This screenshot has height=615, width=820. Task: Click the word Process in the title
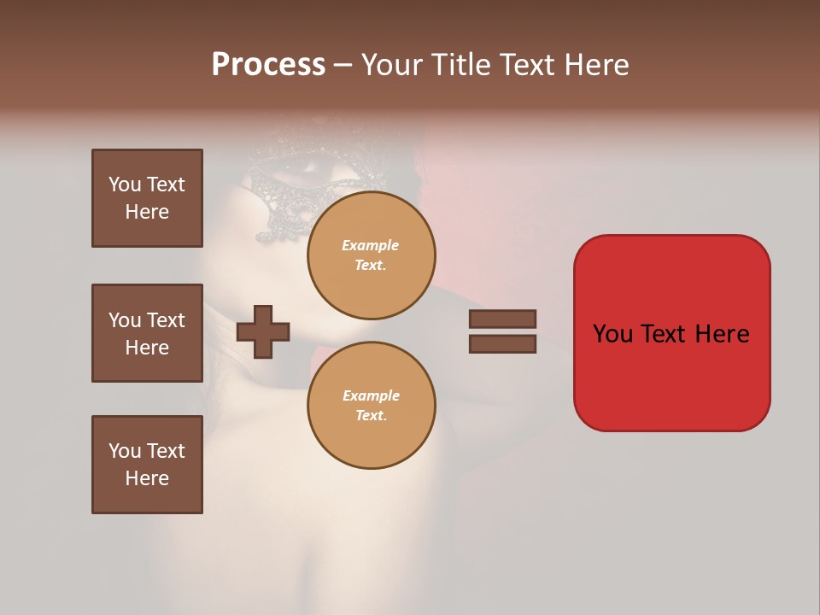(x=268, y=65)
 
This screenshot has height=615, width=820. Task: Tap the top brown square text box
(x=147, y=198)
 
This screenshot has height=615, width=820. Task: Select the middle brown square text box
(x=147, y=333)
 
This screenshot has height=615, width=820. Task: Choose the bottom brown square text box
(x=147, y=465)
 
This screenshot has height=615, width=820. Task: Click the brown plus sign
(x=263, y=331)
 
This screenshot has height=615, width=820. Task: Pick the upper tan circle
(x=371, y=255)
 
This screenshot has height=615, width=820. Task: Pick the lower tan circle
(x=371, y=406)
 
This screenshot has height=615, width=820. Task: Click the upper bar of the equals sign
(x=502, y=319)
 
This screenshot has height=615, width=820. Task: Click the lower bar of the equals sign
(x=502, y=344)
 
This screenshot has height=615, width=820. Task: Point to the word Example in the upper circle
(x=370, y=245)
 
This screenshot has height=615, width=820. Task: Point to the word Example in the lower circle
(x=371, y=395)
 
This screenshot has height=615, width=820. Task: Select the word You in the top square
(x=124, y=184)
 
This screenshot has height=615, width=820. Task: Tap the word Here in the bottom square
(x=147, y=478)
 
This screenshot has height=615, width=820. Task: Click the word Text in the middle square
(x=165, y=320)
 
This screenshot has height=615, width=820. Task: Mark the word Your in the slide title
(x=392, y=65)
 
